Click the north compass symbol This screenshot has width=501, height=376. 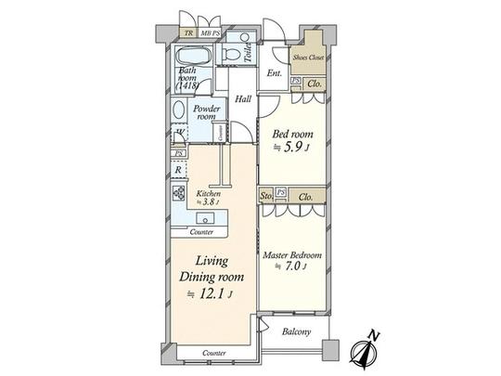[363, 350]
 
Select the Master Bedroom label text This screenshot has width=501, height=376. [291, 255]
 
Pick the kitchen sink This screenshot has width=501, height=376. [207, 220]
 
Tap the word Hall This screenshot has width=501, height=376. [243, 99]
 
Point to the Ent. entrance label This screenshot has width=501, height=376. [275, 72]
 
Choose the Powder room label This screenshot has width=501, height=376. [206, 111]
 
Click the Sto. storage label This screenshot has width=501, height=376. [266, 197]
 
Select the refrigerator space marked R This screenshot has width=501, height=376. [176, 171]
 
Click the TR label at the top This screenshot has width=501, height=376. [188, 33]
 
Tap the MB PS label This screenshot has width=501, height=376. [211, 33]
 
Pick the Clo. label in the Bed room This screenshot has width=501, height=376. [315, 84]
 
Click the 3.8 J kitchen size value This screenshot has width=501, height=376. [209, 201]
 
